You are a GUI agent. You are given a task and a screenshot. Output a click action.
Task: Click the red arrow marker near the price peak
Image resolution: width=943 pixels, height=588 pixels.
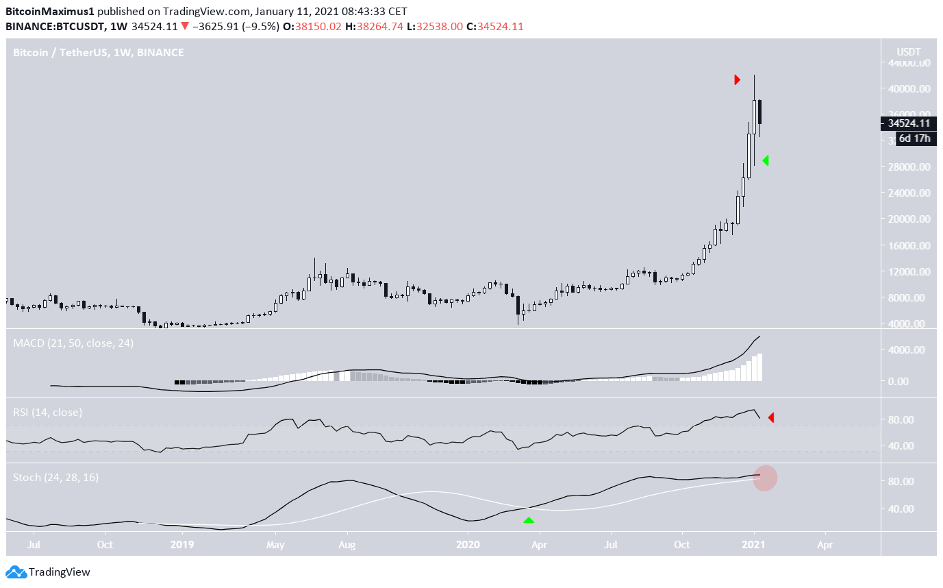(737, 79)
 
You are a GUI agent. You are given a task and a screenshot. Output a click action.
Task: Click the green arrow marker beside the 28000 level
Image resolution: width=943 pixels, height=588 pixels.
(766, 160)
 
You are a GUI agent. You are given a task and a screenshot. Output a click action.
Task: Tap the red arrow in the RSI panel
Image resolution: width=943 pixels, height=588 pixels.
(771, 417)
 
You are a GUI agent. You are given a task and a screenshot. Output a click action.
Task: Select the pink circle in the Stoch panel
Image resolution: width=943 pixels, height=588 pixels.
(765, 478)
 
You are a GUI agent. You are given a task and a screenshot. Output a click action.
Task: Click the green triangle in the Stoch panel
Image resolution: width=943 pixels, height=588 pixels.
(529, 520)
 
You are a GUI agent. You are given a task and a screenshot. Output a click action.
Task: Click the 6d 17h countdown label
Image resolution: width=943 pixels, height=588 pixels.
(913, 138)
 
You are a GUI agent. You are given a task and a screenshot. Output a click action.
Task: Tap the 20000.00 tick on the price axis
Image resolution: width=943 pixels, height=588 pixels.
(908, 219)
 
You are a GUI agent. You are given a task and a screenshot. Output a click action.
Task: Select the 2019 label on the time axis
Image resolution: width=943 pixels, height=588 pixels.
(182, 546)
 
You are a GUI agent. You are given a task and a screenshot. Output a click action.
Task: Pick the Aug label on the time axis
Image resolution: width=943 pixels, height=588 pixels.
(347, 546)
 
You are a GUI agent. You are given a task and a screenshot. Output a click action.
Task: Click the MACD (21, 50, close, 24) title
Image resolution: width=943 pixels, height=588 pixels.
(73, 343)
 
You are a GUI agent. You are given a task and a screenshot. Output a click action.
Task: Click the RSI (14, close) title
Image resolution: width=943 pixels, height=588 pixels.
(47, 413)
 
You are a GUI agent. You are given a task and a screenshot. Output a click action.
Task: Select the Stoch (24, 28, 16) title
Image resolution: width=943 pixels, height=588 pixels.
(55, 477)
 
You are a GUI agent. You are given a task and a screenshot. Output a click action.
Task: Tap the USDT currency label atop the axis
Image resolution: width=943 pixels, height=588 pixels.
(909, 52)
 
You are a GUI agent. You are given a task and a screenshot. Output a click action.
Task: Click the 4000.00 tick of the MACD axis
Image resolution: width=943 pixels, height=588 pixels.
(908, 350)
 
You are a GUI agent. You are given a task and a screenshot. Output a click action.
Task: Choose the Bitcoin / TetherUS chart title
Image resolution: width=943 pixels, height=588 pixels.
(99, 52)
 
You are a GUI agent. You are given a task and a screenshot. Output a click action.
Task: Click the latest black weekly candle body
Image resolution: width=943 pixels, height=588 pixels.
(760, 112)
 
